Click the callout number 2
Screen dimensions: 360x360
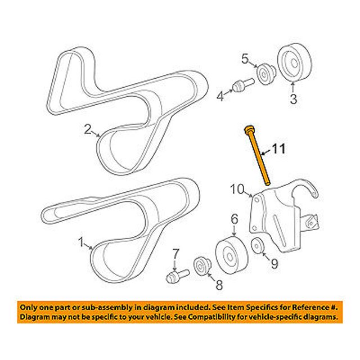tap(88, 130)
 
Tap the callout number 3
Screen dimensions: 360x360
tap(293, 100)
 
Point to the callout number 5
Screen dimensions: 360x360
tap(245, 58)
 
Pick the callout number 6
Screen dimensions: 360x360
tap(234, 219)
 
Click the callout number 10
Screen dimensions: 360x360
tap(236, 190)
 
